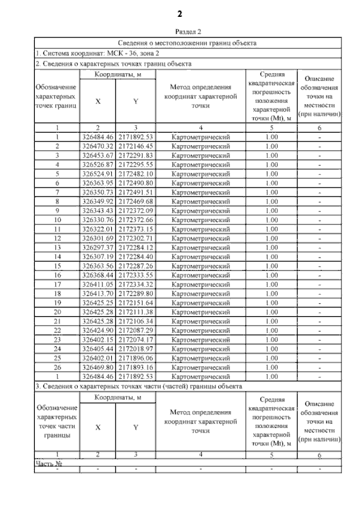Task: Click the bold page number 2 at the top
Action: click(x=179, y=13)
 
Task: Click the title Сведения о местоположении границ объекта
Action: click(x=188, y=43)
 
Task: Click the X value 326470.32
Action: click(x=98, y=146)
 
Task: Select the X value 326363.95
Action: click(x=98, y=183)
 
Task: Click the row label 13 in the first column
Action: click(x=57, y=247)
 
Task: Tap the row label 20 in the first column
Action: click(x=57, y=312)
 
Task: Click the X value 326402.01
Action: click(x=98, y=358)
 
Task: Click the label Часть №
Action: click(x=48, y=463)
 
